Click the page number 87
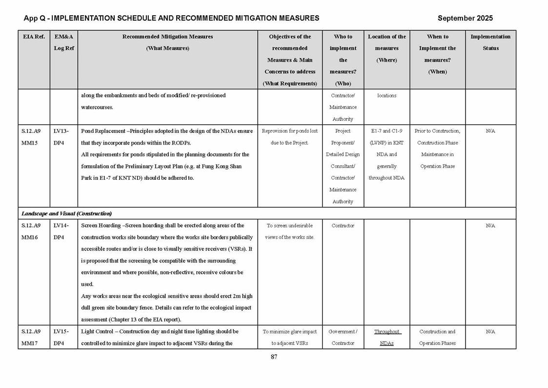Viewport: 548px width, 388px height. point(274,357)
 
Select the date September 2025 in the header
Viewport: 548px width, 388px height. point(465,18)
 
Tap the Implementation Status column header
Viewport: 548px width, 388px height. point(490,43)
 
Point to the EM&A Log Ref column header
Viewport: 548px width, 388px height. point(63,43)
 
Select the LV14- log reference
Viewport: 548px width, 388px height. point(61,226)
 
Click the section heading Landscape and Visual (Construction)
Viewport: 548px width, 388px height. point(66,214)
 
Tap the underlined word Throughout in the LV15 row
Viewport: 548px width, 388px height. point(387,331)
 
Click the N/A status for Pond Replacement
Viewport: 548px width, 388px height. point(490,131)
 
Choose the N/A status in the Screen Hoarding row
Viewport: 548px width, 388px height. point(490,226)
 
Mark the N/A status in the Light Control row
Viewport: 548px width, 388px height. point(490,331)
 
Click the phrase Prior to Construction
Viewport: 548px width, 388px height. point(437,131)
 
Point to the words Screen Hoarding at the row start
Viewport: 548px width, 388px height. point(100,226)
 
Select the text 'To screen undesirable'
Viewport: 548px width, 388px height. point(290,226)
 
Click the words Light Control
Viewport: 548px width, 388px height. point(97,331)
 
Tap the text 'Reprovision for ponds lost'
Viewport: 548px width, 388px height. point(290,131)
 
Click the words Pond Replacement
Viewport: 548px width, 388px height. point(102,131)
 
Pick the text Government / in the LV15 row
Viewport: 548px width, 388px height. point(343,331)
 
